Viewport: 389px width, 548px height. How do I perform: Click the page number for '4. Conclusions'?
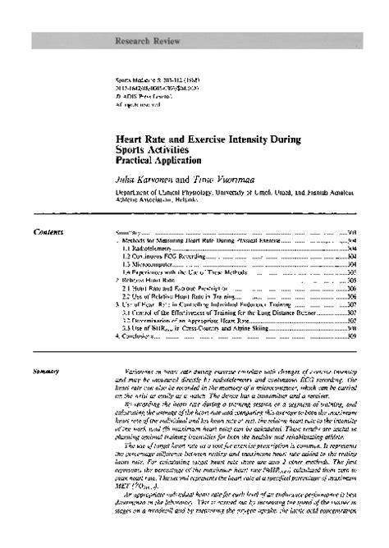(x=350, y=336)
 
